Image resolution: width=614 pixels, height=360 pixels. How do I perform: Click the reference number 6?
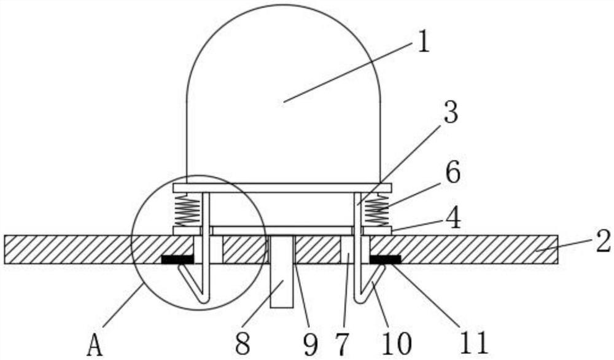tap(452, 174)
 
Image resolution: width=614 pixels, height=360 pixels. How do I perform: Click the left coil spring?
tap(187, 210)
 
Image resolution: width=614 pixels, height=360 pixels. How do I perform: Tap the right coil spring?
tap(376, 210)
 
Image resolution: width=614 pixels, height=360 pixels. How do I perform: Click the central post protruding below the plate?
tap(282, 280)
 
